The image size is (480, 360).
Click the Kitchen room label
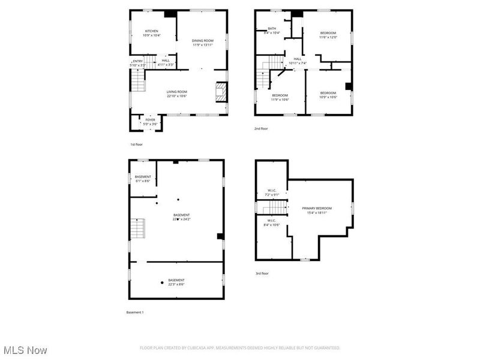coord(151,33)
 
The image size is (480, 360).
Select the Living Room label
coord(177,94)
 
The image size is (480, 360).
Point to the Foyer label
coord(150,122)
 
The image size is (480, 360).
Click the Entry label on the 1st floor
coord(138,62)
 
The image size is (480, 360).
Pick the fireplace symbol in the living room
coord(221,93)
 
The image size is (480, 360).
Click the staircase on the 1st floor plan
coord(138,80)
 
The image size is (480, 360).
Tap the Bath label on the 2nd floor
coord(272,31)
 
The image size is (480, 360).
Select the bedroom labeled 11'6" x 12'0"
coord(328,35)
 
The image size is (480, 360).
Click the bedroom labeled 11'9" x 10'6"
coord(280,97)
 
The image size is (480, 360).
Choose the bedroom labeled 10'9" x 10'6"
coord(328,94)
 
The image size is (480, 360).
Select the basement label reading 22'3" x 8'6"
coord(176,282)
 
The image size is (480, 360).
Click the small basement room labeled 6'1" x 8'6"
coord(143,178)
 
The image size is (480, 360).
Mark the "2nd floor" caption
coord(261,128)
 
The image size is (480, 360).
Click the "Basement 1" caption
coord(135,313)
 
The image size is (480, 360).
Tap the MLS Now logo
coord(25,350)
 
